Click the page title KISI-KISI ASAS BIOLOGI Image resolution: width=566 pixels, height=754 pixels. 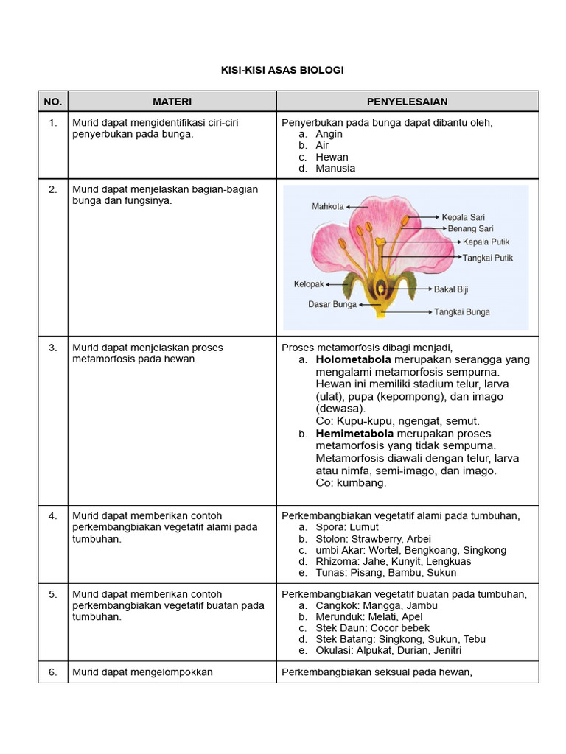[282, 70]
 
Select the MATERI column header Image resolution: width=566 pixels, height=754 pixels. [172, 102]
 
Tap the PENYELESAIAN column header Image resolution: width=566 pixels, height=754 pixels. [407, 102]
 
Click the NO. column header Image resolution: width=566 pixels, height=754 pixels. [53, 102]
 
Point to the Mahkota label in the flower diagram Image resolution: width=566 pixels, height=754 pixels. [327, 207]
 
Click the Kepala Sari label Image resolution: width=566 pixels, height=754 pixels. [462, 217]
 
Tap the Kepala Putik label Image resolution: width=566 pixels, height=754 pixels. [486, 242]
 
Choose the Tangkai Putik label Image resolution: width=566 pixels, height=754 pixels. [487, 258]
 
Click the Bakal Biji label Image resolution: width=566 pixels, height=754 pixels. [451, 289]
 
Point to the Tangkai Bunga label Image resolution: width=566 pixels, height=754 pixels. [461, 312]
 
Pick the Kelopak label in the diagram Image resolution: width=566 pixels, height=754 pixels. [310, 284]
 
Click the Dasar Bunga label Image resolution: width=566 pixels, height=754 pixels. [332, 304]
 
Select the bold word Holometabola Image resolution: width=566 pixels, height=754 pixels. [354, 360]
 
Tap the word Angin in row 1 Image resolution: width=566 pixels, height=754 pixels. [329, 134]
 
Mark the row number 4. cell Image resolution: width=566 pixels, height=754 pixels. [53, 516]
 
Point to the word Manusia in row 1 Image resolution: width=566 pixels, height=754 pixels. [335, 168]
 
